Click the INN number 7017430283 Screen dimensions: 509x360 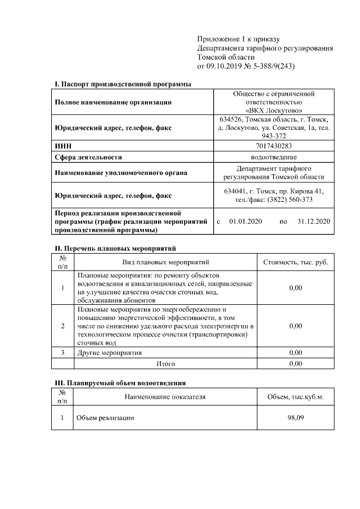[274, 146]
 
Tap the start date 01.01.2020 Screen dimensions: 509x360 [243, 222]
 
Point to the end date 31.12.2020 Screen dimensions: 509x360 [313, 222]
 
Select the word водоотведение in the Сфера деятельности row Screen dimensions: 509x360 [274, 157]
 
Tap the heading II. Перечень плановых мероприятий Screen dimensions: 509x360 [115, 248]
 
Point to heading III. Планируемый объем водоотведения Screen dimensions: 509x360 [120, 382]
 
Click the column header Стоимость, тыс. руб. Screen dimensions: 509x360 [295, 262]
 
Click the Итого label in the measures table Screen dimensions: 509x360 [165, 364]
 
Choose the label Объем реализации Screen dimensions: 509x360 [105, 418]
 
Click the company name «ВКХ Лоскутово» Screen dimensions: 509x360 [274, 111]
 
